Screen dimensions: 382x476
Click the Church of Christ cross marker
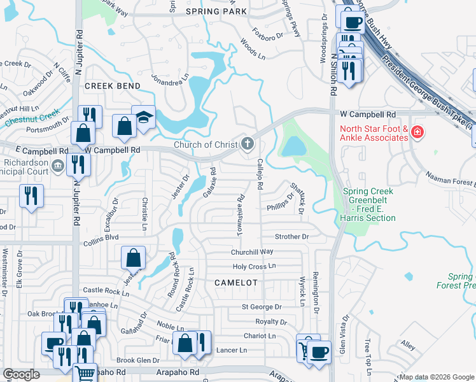coord(248,145)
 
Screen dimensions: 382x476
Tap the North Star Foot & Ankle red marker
coord(417,132)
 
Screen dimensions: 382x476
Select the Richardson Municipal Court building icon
coord(58,166)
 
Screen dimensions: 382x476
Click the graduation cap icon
coord(144,117)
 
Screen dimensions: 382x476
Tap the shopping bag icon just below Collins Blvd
coord(134,258)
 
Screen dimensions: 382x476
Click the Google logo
coord(21,374)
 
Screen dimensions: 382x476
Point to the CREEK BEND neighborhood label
coord(112,85)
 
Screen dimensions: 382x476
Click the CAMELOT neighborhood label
coord(235,282)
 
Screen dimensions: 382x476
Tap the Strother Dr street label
coord(291,236)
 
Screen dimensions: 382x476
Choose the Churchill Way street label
coord(252,251)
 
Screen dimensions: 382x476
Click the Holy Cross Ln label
coord(255,266)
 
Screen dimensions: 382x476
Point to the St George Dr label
coord(257,307)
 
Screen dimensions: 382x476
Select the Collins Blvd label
coord(101,243)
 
